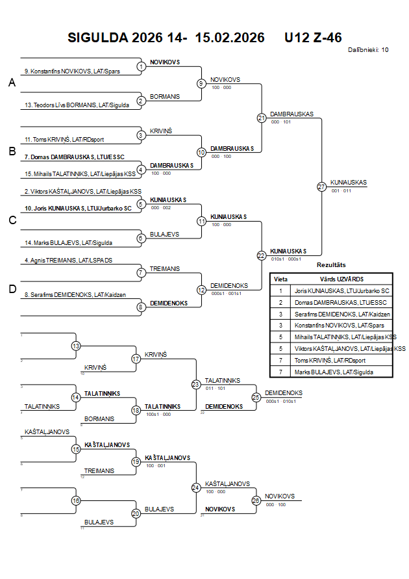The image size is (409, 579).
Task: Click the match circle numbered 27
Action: click(321, 187)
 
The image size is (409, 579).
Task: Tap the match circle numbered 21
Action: click(261, 118)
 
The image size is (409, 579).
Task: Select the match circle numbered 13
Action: click(76, 346)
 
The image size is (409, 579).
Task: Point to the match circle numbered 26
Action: click(256, 500)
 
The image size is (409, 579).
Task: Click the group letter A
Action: click(11, 83)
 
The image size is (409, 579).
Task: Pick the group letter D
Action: click(12, 289)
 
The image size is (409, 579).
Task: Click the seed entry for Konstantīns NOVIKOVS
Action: click(71, 71)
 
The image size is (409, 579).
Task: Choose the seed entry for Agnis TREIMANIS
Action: click(68, 261)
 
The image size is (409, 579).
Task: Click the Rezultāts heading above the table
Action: click(331, 265)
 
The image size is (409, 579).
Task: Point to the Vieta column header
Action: click(280, 278)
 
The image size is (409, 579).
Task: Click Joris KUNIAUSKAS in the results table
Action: click(341, 290)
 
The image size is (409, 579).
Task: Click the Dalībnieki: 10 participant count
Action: click(368, 49)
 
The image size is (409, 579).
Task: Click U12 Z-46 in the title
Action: click(313, 38)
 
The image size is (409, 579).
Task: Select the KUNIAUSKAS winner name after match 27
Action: click(349, 183)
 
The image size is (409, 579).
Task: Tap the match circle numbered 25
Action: click(256, 396)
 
